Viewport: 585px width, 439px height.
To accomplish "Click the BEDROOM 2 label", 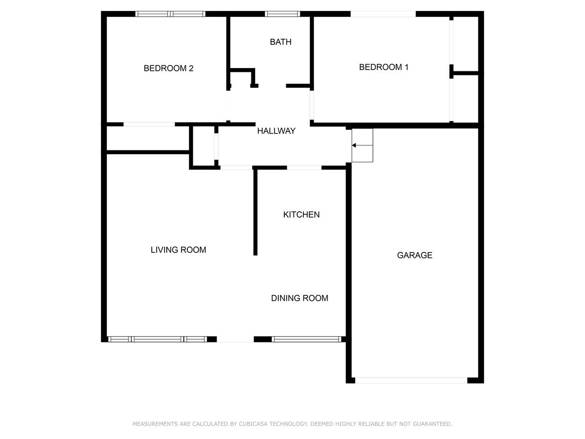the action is click(169, 68).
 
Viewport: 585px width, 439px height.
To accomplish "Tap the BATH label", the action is click(281, 42).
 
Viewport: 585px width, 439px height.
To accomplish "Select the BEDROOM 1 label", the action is click(383, 67).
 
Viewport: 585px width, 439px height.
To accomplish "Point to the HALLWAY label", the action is click(276, 131).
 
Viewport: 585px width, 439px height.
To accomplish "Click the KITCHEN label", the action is click(301, 214).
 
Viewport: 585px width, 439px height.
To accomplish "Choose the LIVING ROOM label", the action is click(178, 250).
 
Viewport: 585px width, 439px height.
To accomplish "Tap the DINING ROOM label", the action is click(299, 298).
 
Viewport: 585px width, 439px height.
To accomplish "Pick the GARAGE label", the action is click(415, 255).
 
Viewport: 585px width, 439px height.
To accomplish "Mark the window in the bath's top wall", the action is click(282, 14).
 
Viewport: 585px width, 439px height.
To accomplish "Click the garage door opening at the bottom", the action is click(411, 380).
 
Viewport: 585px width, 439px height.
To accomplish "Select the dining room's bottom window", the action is click(307, 339).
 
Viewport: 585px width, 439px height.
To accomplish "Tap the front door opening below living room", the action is click(235, 339).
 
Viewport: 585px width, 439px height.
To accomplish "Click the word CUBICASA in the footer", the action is click(253, 424).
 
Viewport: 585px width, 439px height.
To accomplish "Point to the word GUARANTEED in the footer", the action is click(432, 424).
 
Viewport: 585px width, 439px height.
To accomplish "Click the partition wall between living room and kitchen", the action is click(255, 212).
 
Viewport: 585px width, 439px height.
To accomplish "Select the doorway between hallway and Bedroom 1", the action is click(312, 105).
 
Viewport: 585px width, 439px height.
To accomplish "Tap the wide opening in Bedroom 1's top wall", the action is click(383, 14).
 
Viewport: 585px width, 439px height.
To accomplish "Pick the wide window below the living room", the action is click(158, 339).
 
